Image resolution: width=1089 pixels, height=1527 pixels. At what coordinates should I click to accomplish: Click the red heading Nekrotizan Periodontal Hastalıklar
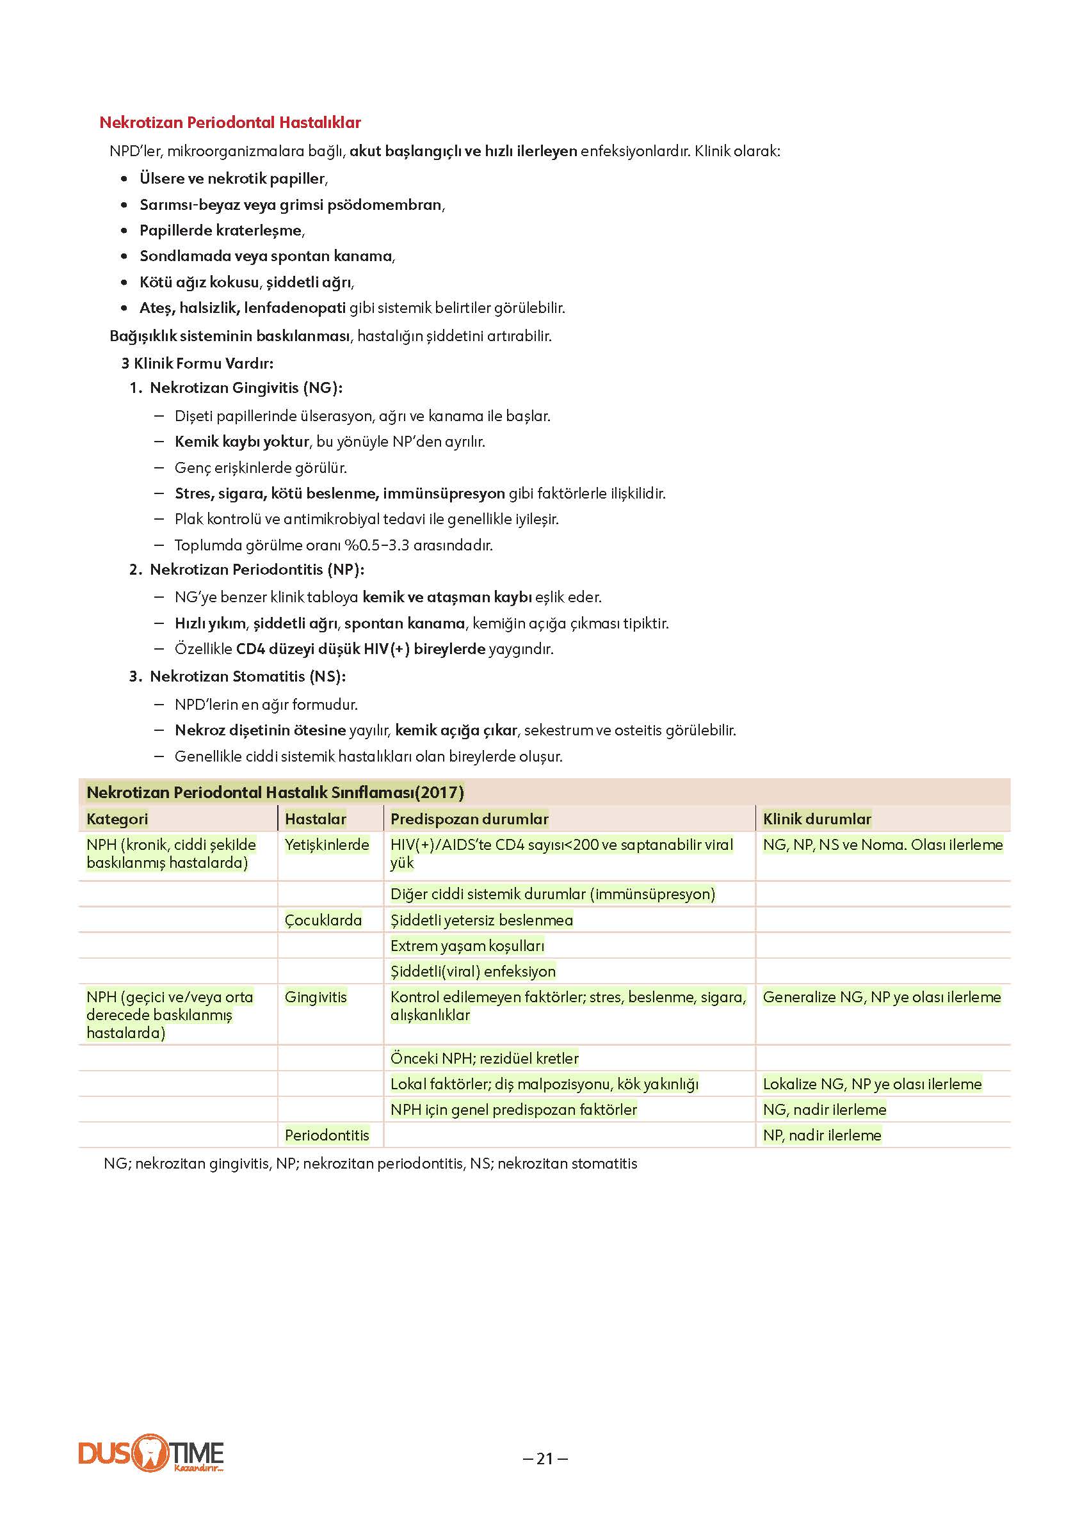click(230, 123)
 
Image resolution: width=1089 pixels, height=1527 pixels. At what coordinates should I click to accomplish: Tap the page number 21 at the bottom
click(544, 1459)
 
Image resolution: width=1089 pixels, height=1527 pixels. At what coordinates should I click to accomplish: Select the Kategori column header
click(117, 819)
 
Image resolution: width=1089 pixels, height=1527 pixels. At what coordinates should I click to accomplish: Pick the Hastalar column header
click(315, 819)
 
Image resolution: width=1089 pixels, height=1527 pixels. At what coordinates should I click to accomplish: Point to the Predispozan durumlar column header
click(469, 819)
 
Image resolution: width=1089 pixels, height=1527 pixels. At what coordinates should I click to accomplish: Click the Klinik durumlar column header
click(817, 819)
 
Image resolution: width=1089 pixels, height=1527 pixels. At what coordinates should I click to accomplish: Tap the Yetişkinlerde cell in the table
click(327, 845)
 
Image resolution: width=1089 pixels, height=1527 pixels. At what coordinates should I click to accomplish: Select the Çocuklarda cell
click(323, 920)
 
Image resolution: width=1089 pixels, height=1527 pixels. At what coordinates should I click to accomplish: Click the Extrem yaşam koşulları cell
click(467, 946)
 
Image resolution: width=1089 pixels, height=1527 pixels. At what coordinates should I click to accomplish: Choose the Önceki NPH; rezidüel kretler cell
click(484, 1058)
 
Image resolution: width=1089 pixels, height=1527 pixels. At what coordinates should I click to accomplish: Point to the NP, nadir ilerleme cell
click(822, 1135)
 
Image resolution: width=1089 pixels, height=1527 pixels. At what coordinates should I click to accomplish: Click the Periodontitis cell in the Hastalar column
click(327, 1135)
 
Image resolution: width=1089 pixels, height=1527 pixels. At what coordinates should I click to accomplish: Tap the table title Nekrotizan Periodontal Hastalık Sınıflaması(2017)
click(275, 792)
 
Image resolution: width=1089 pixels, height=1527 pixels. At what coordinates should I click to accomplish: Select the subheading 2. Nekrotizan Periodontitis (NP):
click(246, 570)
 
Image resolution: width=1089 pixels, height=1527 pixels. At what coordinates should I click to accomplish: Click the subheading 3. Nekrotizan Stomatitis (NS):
click(238, 676)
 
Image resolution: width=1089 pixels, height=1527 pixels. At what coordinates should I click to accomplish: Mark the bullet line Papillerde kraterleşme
click(222, 230)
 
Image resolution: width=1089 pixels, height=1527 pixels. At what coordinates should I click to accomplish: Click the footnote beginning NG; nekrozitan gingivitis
click(370, 1163)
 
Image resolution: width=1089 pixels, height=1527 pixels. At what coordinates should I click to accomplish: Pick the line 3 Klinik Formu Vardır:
click(197, 364)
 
